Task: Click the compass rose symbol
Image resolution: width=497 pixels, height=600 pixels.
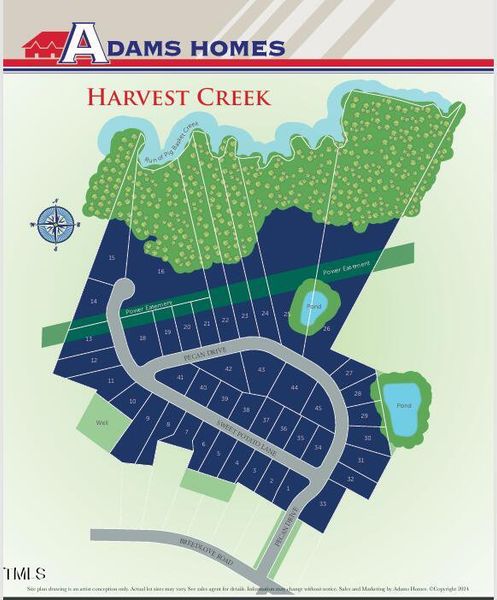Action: (50, 223)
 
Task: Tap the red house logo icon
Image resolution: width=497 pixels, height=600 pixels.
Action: (43, 47)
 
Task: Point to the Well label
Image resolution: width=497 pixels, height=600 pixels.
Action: (101, 423)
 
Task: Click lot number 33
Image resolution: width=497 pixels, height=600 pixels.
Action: (322, 503)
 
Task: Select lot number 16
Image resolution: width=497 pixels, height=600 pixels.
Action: (160, 271)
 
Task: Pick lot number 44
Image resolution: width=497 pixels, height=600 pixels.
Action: (294, 387)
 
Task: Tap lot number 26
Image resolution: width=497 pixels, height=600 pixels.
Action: (326, 328)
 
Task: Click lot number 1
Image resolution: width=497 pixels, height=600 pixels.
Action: (288, 488)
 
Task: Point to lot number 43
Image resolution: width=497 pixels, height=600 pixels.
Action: (261, 370)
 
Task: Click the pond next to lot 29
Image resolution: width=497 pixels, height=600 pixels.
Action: (402, 407)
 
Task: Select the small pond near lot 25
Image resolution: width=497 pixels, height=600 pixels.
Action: (313, 304)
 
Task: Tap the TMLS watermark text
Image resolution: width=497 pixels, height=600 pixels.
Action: (24, 574)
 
